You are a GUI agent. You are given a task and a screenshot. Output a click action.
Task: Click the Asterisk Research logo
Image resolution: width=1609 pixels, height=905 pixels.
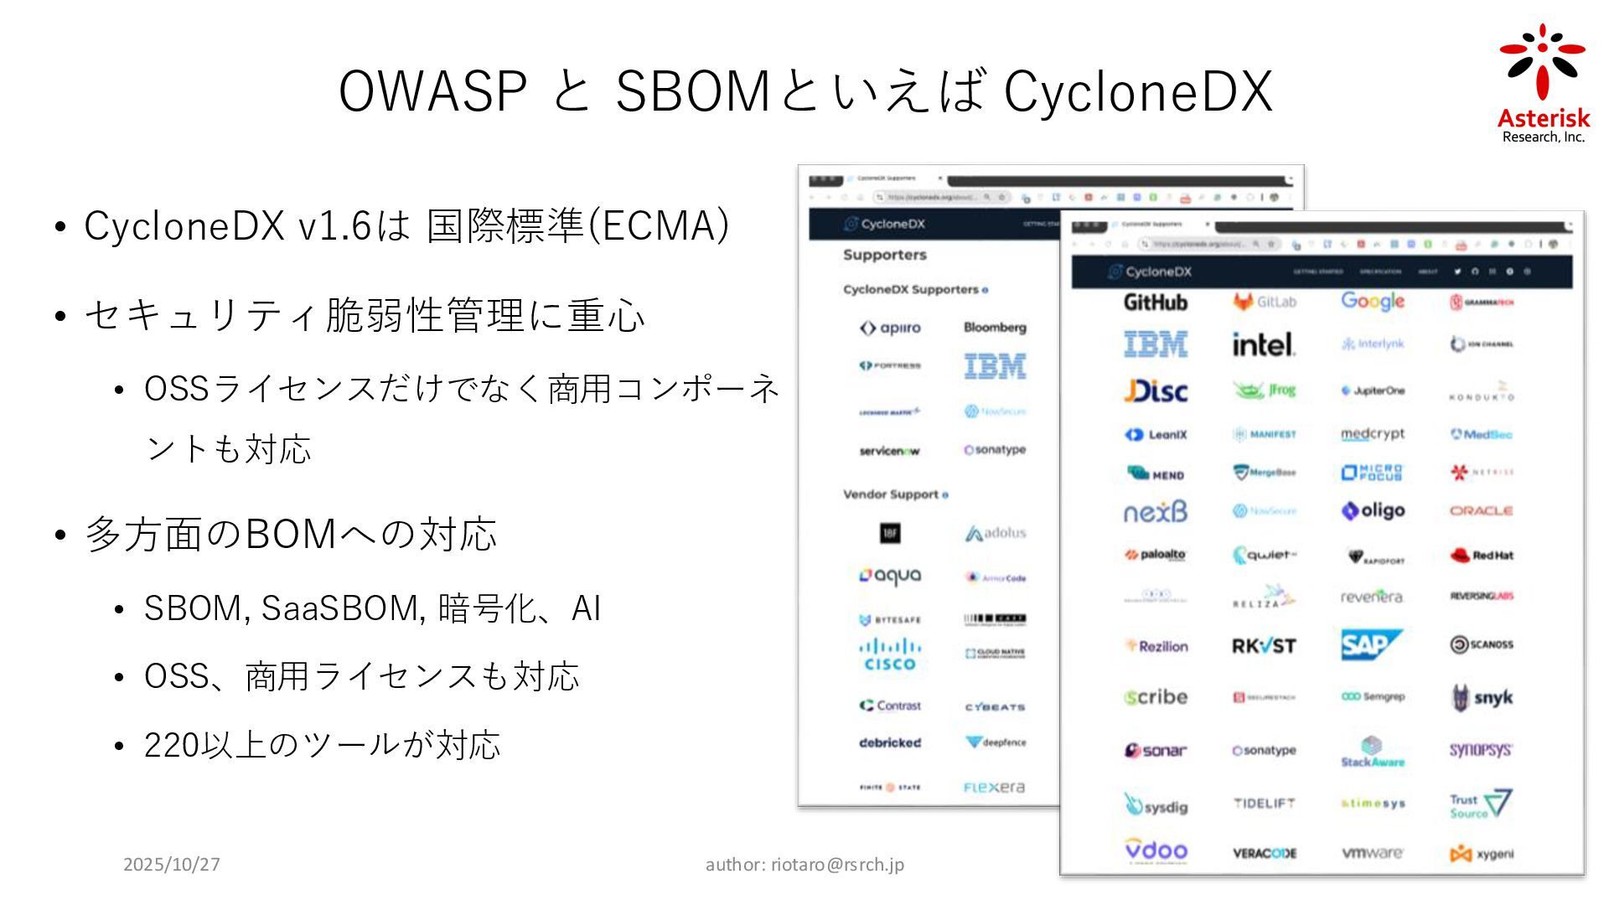click(1543, 84)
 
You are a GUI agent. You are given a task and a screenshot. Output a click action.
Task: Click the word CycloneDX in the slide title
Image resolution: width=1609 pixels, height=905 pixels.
click(1138, 91)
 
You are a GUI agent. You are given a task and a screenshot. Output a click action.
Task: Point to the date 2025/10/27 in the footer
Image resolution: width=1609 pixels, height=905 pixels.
click(172, 864)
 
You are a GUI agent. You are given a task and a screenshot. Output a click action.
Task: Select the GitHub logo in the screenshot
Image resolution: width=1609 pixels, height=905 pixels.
click(1156, 302)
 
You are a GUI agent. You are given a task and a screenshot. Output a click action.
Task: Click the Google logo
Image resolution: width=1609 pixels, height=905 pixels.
click(1373, 301)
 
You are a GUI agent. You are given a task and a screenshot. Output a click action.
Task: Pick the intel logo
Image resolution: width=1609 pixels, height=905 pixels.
click(1264, 344)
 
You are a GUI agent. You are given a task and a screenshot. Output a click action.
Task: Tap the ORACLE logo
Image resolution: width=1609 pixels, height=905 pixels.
click(1481, 510)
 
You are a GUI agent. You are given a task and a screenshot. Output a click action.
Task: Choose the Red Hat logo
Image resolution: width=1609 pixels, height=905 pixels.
click(1481, 555)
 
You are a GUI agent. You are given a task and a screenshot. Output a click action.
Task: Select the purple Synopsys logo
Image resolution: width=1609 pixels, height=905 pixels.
click(1481, 750)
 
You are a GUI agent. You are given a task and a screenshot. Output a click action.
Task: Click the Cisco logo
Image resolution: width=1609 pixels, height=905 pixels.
click(890, 654)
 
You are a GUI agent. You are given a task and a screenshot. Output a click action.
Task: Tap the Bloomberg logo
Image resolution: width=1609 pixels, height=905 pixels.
click(995, 328)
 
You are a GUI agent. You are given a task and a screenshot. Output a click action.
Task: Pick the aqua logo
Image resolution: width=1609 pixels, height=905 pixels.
click(890, 577)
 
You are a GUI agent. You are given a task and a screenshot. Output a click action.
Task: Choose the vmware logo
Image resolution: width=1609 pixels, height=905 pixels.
click(1372, 853)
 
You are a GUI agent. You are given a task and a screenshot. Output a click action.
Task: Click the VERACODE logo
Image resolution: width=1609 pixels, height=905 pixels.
click(1265, 853)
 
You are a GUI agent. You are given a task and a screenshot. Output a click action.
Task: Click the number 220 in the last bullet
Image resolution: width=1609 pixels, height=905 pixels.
click(172, 744)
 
